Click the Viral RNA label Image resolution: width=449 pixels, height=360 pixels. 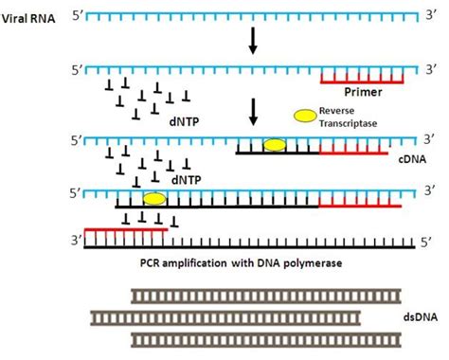pyautogui.click(x=28, y=19)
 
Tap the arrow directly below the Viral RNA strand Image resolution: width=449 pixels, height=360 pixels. pyautogui.click(x=253, y=41)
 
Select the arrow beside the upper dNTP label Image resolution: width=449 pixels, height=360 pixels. pyautogui.click(x=253, y=112)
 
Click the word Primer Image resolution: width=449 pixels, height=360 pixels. pyautogui.click(x=363, y=92)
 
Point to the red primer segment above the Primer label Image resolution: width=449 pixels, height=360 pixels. pyautogui.click(x=362, y=82)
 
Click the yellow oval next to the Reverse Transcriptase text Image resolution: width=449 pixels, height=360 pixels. pyautogui.click(x=305, y=116)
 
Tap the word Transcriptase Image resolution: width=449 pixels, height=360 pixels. pyautogui.click(x=348, y=123)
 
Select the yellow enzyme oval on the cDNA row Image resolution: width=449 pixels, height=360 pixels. pyautogui.click(x=275, y=145)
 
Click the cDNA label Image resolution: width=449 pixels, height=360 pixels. pyautogui.click(x=412, y=159)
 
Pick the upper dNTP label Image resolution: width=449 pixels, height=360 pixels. pyautogui.click(x=184, y=121)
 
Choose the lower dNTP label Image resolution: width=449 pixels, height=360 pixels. pyautogui.click(x=187, y=180)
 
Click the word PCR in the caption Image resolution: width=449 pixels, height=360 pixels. pyautogui.click(x=149, y=262)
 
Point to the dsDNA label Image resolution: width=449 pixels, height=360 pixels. pyautogui.click(x=421, y=316)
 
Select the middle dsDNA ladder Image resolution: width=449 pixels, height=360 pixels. pyautogui.click(x=225, y=318)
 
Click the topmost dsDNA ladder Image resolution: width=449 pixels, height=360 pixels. pyautogui.click(x=266, y=297)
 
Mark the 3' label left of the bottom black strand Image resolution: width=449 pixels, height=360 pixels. pyautogui.click(x=76, y=241)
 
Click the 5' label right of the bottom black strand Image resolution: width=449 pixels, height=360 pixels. pyautogui.click(x=426, y=243)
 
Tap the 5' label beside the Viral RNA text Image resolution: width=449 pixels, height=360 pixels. pyautogui.click(x=78, y=15)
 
